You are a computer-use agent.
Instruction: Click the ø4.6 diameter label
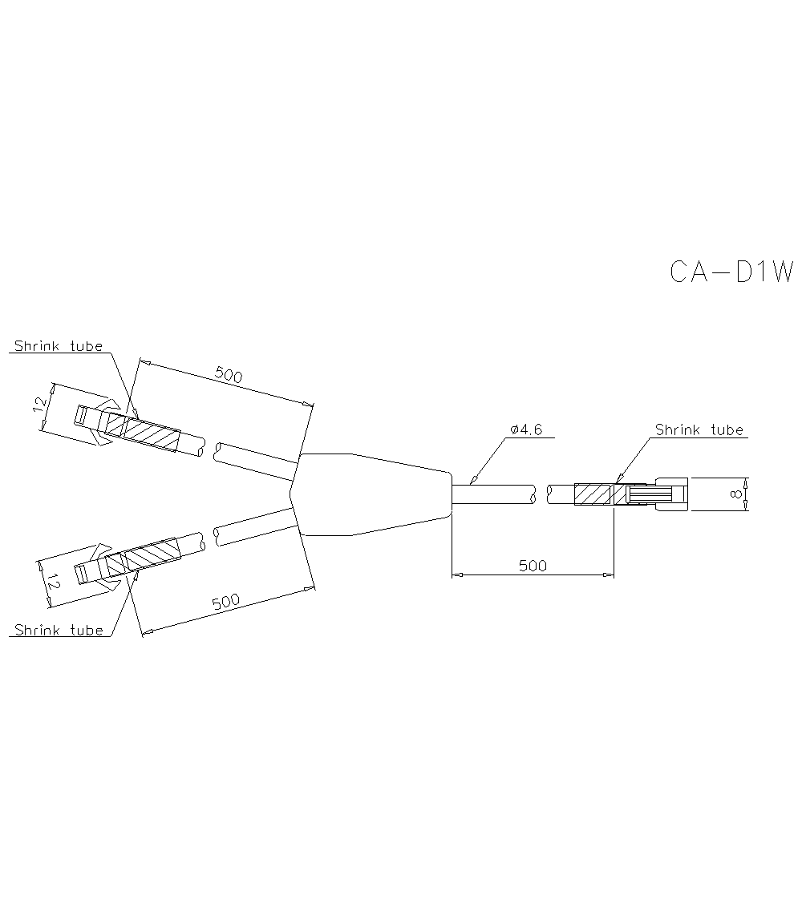click(526, 429)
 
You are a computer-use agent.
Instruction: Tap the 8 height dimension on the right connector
click(735, 494)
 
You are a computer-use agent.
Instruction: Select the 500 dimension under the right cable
click(533, 565)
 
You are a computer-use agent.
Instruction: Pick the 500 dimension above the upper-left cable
click(229, 374)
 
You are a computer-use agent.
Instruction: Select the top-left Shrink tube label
click(59, 346)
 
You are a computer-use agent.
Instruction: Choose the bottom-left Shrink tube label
click(59, 630)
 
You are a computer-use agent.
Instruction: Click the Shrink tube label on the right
click(699, 429)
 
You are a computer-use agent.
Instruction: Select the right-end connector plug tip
click(672, 494)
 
